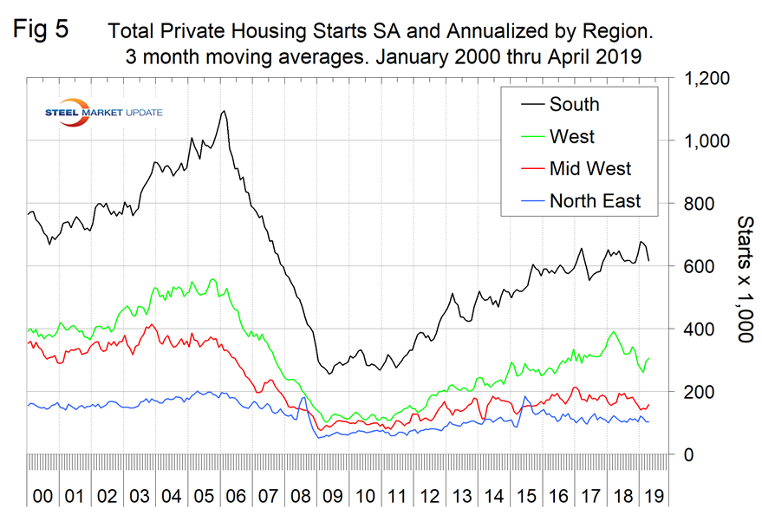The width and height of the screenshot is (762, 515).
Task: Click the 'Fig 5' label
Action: (x=42, y=29)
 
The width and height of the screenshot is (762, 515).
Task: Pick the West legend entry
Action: (x=571, y=136)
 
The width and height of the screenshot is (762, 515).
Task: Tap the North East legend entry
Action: (x=595, y=201)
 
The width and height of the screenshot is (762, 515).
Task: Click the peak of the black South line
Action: (x=225, y=111)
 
